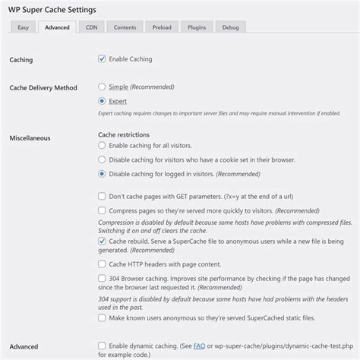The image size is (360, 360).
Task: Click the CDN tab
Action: click(x=91, y=27)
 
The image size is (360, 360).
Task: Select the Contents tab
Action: click(x=125, y=27)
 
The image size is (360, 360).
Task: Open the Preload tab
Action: click(x=162, y=27)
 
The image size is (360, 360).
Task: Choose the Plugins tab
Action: click(x=197, y=27)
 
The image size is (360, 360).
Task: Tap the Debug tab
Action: click(x=231, y=27)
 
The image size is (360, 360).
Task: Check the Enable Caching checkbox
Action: click(x=103, y=58)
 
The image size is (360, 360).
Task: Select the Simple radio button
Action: click(x=103, y=87)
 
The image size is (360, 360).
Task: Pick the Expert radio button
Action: click(x=103, y=101)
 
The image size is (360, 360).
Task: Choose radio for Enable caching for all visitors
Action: click(x=103, y=145)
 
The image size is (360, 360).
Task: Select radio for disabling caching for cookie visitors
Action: click(x=103, y=159)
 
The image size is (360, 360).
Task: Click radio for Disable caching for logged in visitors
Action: click(x=103, y=173)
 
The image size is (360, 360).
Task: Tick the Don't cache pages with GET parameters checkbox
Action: click(x=103, y=195)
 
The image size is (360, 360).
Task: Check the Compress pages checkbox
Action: click(x=103, y=210)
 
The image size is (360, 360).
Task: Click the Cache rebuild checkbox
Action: click(x=103, y=241)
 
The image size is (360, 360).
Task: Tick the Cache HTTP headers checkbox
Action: click(x=103, y=264)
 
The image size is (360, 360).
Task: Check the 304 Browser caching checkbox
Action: click(x=103, y=278)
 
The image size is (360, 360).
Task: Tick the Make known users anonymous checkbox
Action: click(x=103, y=317)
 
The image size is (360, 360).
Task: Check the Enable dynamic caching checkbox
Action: click(x=103, y=346)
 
